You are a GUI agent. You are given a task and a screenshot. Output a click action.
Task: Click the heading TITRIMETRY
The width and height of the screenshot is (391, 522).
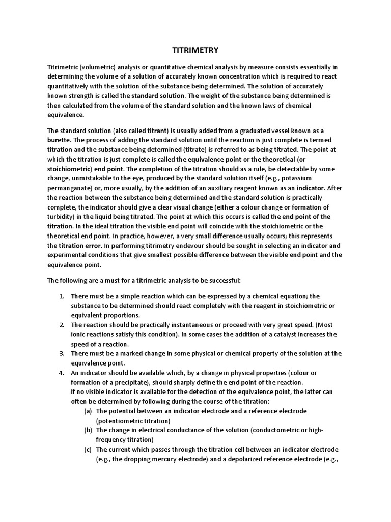point(195,50)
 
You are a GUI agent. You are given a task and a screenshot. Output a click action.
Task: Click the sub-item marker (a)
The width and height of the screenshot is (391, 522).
point(89,411)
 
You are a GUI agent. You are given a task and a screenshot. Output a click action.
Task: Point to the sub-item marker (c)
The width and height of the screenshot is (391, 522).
point(89,449)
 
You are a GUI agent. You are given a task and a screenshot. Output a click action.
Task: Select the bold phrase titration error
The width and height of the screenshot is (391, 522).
point(82,246)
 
